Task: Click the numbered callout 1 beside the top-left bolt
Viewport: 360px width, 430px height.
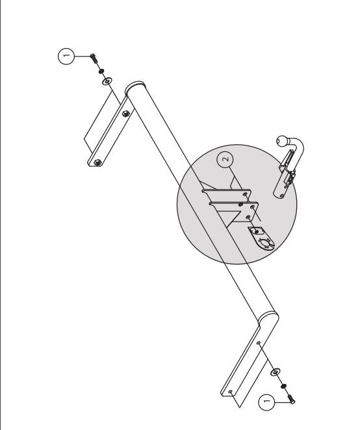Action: [66, 57]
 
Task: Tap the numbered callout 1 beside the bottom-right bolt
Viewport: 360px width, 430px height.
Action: [266, 402]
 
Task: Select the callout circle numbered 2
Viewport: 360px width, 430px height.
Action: [225, 159]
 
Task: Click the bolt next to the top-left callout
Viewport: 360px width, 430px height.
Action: [94, 58]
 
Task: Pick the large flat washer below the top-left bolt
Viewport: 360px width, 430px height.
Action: [107, 81]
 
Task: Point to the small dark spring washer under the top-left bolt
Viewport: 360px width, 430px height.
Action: [101, 71]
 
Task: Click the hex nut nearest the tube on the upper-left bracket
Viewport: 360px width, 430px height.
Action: [125, 114]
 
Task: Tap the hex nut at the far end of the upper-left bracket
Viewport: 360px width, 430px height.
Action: [97, 162]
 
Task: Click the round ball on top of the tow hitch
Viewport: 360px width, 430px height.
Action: [282, 141]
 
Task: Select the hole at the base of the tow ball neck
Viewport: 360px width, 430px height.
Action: [282, 196]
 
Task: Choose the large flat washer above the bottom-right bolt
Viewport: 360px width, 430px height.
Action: [276, 372]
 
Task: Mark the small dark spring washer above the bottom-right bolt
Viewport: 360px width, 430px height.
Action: [283, 386]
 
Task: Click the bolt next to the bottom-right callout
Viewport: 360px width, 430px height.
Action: [291, 399]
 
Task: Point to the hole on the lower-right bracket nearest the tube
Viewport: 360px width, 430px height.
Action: [258, 343]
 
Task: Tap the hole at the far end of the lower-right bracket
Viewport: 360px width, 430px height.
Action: [230, 392]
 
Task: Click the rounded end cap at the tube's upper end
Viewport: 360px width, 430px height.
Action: [134, 86]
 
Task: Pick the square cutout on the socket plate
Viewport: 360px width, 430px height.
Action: [256, 231]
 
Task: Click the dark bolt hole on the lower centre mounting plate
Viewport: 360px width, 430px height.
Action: [240, 205]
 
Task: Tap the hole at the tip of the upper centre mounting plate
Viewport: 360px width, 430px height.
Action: [245, 194]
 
